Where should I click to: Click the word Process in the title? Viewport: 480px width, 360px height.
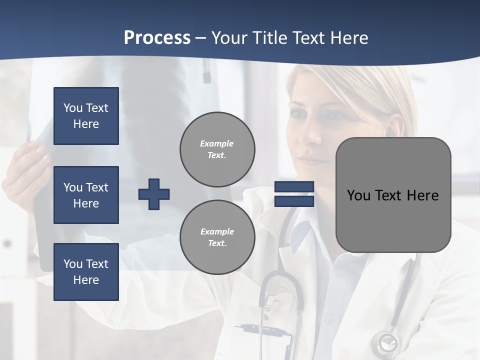coord(157,38)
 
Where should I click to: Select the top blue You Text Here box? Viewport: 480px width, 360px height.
coord(86,116)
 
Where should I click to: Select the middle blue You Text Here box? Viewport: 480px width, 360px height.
coord(86,195)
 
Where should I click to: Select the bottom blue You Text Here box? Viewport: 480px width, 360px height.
coord(86,272)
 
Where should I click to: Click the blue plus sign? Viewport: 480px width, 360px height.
coord(154,194)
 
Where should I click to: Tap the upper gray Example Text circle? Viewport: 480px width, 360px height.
coord(217,149)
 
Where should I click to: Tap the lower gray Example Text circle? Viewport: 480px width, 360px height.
coord(217,237)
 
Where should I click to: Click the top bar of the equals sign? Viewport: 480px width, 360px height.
coord(294,187)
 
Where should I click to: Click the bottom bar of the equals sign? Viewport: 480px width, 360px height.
coord(294,201)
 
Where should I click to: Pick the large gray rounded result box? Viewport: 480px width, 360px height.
coord(393,195)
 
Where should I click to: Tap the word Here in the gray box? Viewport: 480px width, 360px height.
coord(422,195)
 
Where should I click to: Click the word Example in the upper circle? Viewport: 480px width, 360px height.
coord(216,143)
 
